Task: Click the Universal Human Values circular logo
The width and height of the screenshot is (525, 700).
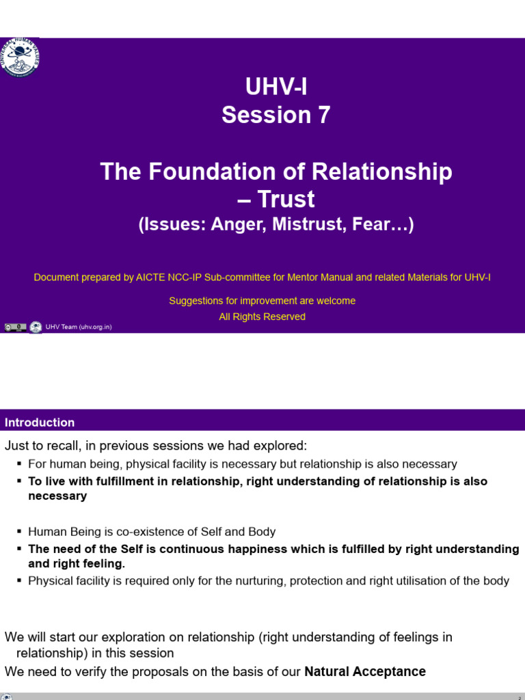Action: [x=21, y=57]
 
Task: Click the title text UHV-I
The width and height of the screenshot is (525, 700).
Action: [x=275, y=87]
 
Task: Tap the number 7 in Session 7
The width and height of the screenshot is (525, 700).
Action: [x=321, y=115]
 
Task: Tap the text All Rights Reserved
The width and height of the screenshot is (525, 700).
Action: [x=262, y=317]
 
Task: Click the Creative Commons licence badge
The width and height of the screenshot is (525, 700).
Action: [x=15, y=327]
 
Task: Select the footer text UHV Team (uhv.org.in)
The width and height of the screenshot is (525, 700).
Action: [x=78, y=327]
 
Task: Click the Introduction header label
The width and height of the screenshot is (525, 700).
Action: [x=40, y=422]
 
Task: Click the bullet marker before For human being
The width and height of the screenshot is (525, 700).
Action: [x=18, y=464]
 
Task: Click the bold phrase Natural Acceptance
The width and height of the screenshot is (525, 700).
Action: [x=365, y=671]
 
